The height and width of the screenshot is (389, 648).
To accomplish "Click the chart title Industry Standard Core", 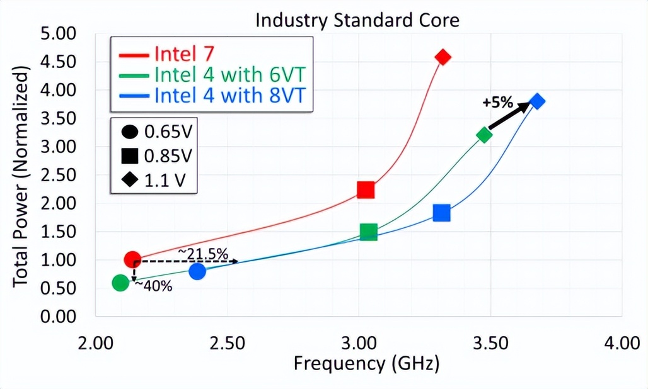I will pyautogui.click(x=357, y=20).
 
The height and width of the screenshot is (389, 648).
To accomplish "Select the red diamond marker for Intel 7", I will pyautogui.click(x=443, y=57).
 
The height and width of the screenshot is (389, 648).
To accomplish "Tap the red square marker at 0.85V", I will pyautogui.click(x=366, y=190).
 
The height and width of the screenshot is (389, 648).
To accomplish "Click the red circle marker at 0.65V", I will pyautogui.click(x=132, y=259).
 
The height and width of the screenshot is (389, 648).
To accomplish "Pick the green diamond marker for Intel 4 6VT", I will pyautogui.click(x=484, y=135).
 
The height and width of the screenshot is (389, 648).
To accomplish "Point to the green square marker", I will pyautogui.click(x=369, y=232).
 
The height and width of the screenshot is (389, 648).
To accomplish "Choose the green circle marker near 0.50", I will pyautogui.click(x=120, y=283).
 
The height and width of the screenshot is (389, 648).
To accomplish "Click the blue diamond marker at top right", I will pyautogui.click(x=537, y=101).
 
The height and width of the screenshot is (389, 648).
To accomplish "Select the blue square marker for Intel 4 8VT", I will pyautogui.click(x=442, y=213).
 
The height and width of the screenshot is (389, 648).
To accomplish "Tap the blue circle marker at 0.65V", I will pyautogui.click(x=197, y=271).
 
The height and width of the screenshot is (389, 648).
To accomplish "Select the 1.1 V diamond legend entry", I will pyautogui.click(x=155, y=181).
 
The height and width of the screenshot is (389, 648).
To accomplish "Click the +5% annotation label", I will pyautogui.click(x=498, y=103).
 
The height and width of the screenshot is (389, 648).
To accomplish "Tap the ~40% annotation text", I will pyautogui.click(x=154, y=286).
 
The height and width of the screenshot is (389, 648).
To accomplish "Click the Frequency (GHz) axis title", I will pyautogui.click(x=366, y=363).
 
